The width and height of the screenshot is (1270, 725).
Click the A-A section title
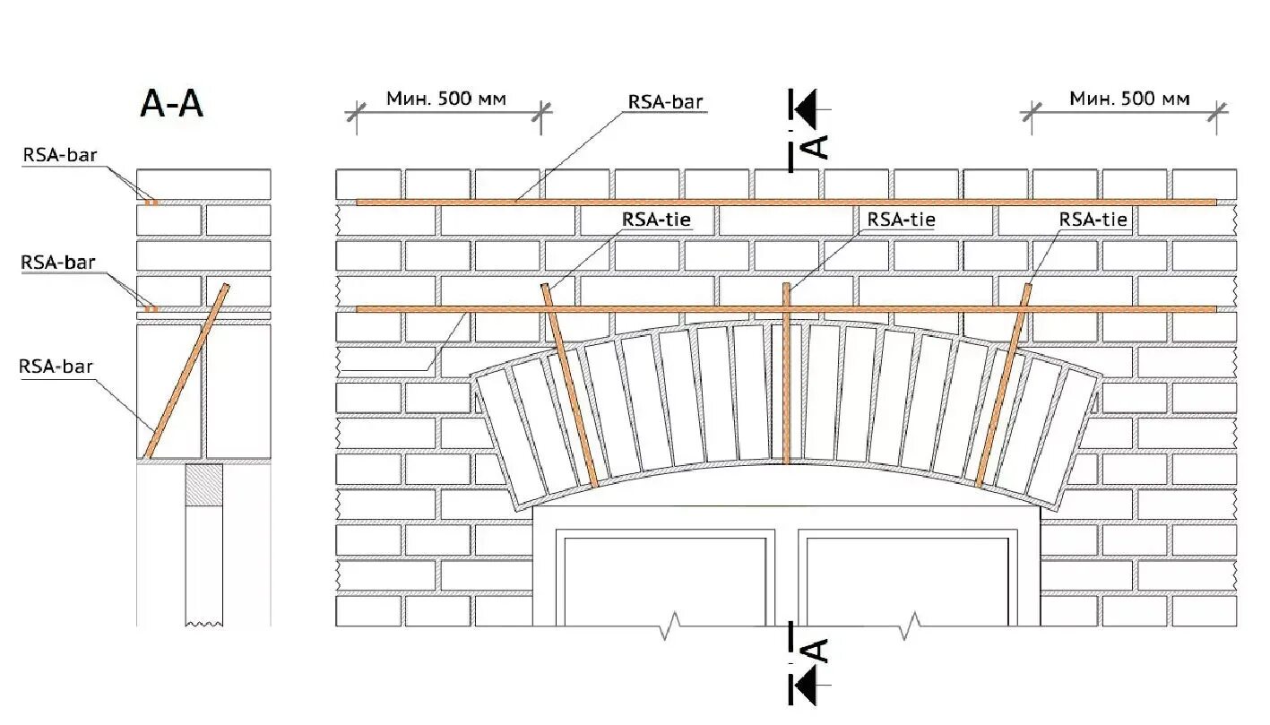[172, 104]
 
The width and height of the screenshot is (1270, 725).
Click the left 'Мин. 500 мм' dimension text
[446, 98]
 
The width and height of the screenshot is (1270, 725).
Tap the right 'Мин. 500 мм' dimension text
[1129, 98]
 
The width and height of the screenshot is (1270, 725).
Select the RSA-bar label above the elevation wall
[665, 101]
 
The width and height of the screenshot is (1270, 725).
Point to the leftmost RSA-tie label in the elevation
[657, 220]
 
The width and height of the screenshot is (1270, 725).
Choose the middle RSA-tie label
[899, 220]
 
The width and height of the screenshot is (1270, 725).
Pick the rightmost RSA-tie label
[1093, 220]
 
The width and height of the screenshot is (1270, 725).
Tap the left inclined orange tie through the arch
[570, 385]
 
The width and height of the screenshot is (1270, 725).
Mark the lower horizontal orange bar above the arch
[681, 309]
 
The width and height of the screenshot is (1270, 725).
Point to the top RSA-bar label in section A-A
[59, 155]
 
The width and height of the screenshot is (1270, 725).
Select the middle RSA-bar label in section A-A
[57, 263]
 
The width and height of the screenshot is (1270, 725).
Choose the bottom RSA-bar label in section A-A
[56, 366]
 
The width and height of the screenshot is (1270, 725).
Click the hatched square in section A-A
[203, 485]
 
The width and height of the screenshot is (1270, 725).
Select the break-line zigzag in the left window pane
[671, 627]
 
